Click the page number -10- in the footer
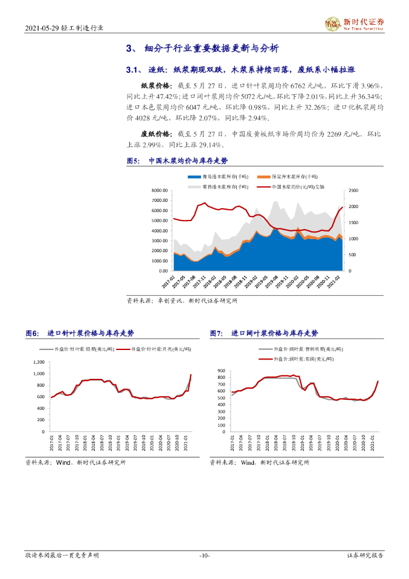(x=204, y=556)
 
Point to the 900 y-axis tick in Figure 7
(x=221, y=370)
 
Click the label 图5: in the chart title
(x=134, y=161)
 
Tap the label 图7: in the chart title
(x=217, y=334)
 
